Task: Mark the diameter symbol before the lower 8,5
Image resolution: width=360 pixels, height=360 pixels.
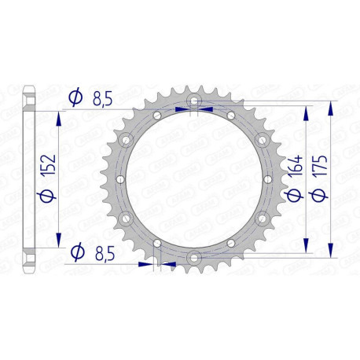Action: point(75,252)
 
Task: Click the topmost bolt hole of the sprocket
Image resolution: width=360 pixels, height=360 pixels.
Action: point(193,102)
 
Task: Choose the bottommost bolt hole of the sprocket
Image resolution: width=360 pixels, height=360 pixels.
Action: point(193,256)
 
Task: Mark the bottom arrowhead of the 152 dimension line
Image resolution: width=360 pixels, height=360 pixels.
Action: point(60,243)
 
